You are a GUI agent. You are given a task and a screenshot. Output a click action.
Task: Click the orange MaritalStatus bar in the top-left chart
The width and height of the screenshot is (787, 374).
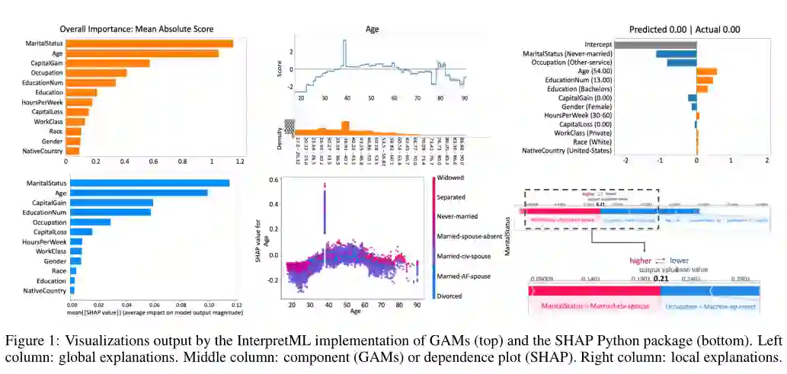(149, 43)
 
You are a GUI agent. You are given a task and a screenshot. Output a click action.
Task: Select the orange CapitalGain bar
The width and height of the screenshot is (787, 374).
(107, 63)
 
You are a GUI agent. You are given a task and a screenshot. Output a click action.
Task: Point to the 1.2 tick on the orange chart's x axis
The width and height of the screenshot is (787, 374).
(240, 161)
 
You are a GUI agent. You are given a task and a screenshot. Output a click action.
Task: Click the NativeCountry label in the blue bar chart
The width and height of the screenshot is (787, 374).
(45, 291)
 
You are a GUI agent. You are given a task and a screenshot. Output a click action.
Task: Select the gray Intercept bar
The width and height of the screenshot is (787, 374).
(654, 44)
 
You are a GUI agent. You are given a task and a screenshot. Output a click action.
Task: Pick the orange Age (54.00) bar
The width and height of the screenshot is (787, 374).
(707, 72)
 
